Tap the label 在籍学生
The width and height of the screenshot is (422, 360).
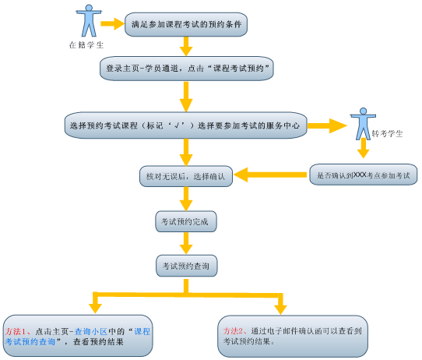point(86,45)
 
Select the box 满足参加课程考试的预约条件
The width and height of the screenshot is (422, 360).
point(186,24)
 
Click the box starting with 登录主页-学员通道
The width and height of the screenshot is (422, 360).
point(187,69)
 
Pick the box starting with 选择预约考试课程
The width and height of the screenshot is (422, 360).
point(186,125)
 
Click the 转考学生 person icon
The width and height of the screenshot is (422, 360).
point(363,124)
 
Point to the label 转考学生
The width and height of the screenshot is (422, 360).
point(387,133)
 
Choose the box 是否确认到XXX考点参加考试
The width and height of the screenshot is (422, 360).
point(364,175)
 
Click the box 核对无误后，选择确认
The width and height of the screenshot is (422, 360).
point(186,176)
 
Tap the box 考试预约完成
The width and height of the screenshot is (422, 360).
point(186,221)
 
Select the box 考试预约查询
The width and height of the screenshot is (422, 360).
point(187,266)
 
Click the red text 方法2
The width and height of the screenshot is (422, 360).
point(234,331)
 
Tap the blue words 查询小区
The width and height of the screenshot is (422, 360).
point(90,331)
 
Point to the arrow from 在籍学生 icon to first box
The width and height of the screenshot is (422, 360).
point(112,23)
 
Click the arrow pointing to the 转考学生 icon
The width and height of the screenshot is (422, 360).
point(327,125)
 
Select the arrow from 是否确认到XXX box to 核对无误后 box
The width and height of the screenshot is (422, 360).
point(270,175)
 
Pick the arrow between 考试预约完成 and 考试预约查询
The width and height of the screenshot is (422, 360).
point(186,243)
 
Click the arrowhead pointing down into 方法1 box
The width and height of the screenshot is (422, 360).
point(95,309)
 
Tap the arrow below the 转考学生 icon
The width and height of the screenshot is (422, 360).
point(364,148)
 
